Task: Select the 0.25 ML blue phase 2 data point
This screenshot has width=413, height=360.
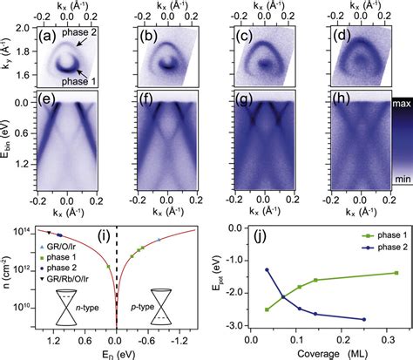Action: coord(363,320)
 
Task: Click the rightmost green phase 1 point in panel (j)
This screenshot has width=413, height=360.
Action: coord(397,273)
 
